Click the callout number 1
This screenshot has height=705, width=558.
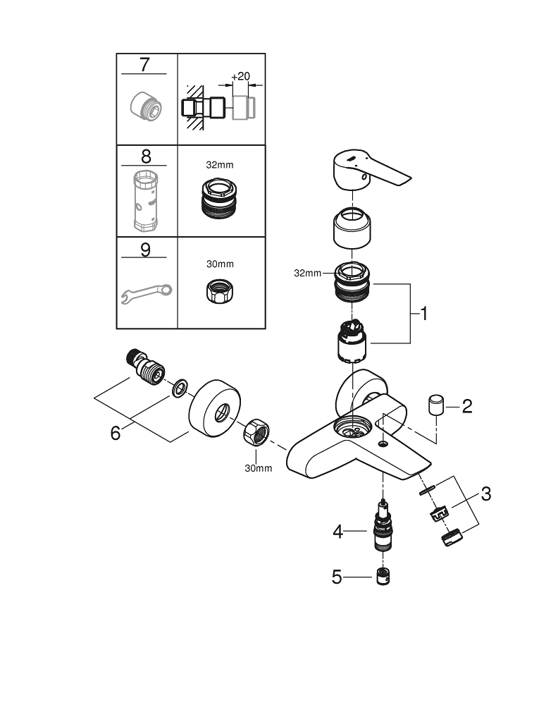coord(423,313)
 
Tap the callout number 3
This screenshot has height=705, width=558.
coord(485,493)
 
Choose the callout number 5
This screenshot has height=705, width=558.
coord(337,577)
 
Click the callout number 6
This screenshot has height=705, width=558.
coord(116,432)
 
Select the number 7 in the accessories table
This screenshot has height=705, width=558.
coord(144,65)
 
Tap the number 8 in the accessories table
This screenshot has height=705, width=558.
coord(146,157)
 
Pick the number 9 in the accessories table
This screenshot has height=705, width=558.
coord(146,250)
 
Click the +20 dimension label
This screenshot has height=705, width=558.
coord(240,76)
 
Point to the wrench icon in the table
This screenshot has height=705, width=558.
coord(147,293)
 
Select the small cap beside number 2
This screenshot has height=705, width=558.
coord(436,406)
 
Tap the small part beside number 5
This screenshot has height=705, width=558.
coord(383,577)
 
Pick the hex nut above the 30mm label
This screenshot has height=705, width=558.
coord(255,432)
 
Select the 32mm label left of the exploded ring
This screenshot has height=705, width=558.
coord(308,273)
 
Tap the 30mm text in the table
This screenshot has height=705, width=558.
coord(220,264)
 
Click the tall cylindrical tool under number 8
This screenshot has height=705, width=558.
coord(146,201)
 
